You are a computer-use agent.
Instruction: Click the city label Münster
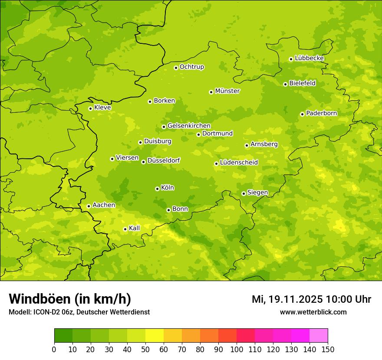coord(227,91)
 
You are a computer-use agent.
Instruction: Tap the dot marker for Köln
coord(157,189)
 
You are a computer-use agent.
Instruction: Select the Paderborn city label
coord(322,113)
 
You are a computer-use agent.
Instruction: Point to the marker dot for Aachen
coord(89,206)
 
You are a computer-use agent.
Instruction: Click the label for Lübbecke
coord(310,58)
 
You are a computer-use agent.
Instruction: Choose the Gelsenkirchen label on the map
coord(189,126)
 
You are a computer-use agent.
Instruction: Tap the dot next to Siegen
coord(244,193)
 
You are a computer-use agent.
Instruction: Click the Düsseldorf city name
coord(164,160)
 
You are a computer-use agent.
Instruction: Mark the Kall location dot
coord(125,229)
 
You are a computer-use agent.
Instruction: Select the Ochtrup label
coord(192,67)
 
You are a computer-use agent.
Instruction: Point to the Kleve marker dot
coord(90,108)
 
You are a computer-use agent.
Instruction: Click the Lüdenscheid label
coord(239,163)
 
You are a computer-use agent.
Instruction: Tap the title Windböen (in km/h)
coord(70,299)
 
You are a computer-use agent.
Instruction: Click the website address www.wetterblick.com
coord(313,312)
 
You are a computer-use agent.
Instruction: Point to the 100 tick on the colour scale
coord(237,349)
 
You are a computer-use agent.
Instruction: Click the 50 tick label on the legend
coord(145,349)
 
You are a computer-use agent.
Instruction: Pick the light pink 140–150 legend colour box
coord(319,336)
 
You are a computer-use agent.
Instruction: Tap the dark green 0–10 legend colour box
coord(63,336)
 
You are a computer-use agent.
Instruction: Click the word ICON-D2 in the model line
coord(45,312)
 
